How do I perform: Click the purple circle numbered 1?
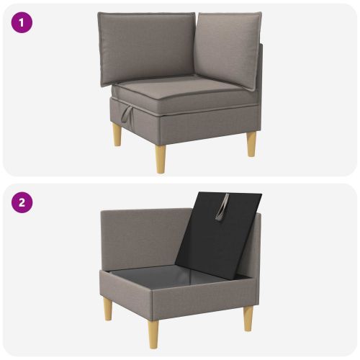point(22,22)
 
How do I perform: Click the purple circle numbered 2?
point(22,202)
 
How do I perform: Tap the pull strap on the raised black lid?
point(222,207)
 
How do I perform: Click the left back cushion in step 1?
point(146,48)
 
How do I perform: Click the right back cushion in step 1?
point(228,49)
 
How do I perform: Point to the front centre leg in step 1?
point(161,159)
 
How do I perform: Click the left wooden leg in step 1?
point(117,135)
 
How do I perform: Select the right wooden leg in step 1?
point(251,144)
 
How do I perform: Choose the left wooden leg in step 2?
point(108,308)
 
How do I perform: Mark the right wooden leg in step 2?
point(248,319)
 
